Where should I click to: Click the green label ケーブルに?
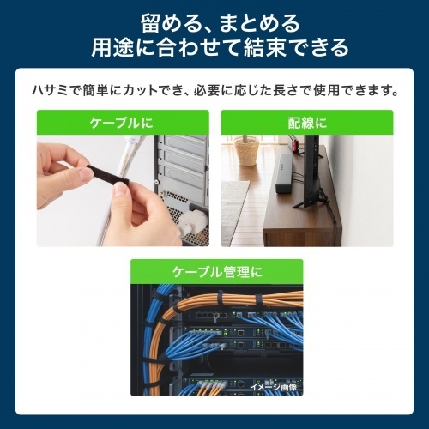point(123,123)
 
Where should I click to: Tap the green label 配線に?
point(307,123)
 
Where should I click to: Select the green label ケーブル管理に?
point(217,271)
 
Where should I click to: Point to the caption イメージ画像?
point(274,387)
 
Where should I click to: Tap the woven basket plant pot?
point(247,151)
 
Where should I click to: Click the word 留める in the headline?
point(169,23)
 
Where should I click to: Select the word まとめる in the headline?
point(259,23)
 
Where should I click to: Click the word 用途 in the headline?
point(112,47)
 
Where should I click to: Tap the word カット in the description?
point(141,91)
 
